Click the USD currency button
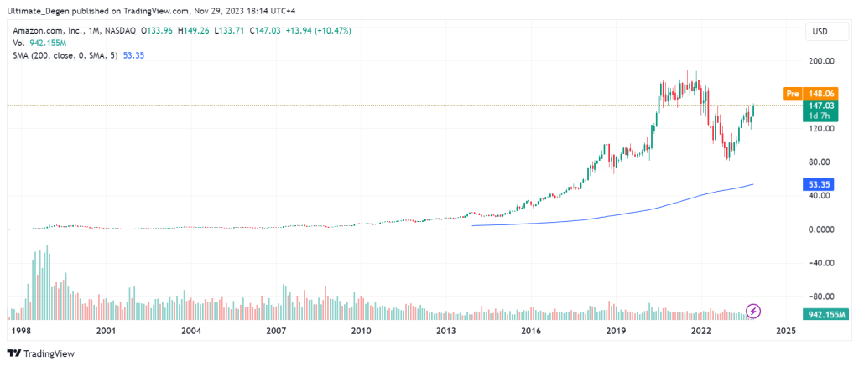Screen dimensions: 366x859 click(x=819, y=32)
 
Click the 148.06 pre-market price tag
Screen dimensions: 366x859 click(x=818, y=94)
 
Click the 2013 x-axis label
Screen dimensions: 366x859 click(x=446, y=331)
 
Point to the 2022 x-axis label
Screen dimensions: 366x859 click(x=701, y=331)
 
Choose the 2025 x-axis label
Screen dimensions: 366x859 click(x=786, y=331)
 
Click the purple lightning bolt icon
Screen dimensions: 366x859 click(x=753, y=312)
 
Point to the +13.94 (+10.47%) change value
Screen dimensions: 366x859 click(x=320, y=31)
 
